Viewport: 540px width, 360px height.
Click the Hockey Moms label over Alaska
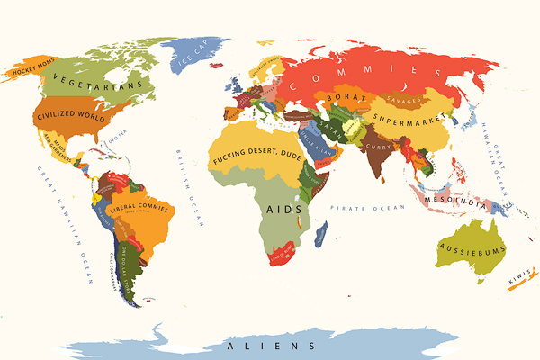[x=28, y=68]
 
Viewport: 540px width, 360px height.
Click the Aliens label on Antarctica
[x=270, y=346]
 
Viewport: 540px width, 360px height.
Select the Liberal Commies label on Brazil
[x=139, y=211]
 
